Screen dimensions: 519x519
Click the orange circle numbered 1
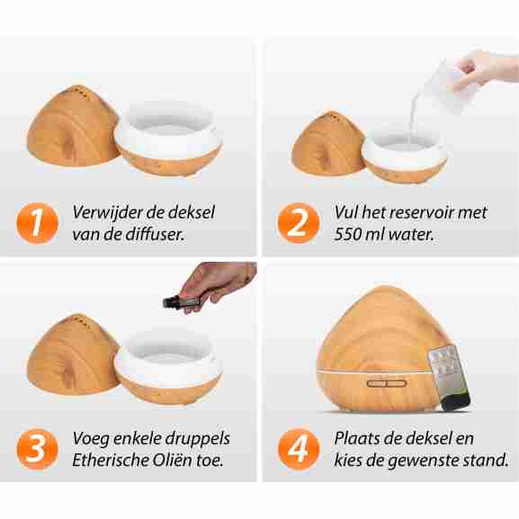coord(37,223)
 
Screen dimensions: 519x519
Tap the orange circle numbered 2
coord(299,223)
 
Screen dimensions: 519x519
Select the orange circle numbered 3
coord(37,449)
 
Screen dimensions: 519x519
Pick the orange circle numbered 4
coord(299,449)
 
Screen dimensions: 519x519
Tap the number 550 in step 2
coord(346,235)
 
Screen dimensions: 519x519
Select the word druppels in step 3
coord(197,439)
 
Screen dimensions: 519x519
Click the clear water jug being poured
coord(451,85)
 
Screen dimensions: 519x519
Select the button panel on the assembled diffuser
coord(387,383)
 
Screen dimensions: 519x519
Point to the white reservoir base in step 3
coord(168,366)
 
